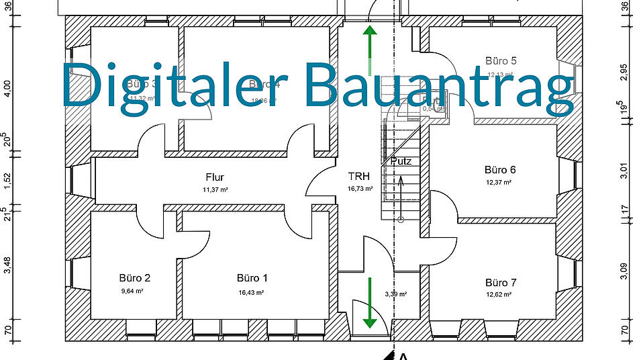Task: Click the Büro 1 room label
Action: click(x=252, y=278)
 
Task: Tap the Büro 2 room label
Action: click(x=135, y=278)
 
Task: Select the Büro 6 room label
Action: click(x=500, y=170)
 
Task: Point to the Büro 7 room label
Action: click(x=501, y=283)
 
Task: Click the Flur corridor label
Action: click(x=215, y=177)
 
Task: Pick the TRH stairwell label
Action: click(x=358, y=177)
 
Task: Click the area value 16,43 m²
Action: click(x=252, y=292)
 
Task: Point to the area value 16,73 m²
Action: click(x=360, y=189)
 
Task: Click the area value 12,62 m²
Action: click(x=499, y=294)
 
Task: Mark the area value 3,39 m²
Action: click(x=396, y=294)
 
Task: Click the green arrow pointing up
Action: click(x=368, y=42)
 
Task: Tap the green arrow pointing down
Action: click(x=369, y=310)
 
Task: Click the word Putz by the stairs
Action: click(x=401, y=161)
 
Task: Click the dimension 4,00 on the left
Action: click(x=7, y=89)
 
